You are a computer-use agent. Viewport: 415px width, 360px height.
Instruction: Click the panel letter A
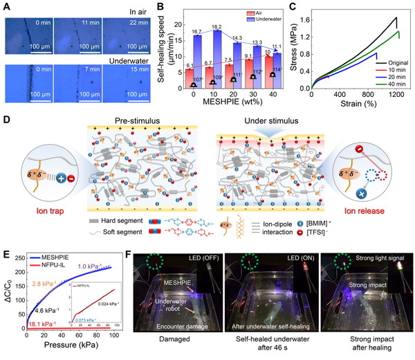tap(6, 6)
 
